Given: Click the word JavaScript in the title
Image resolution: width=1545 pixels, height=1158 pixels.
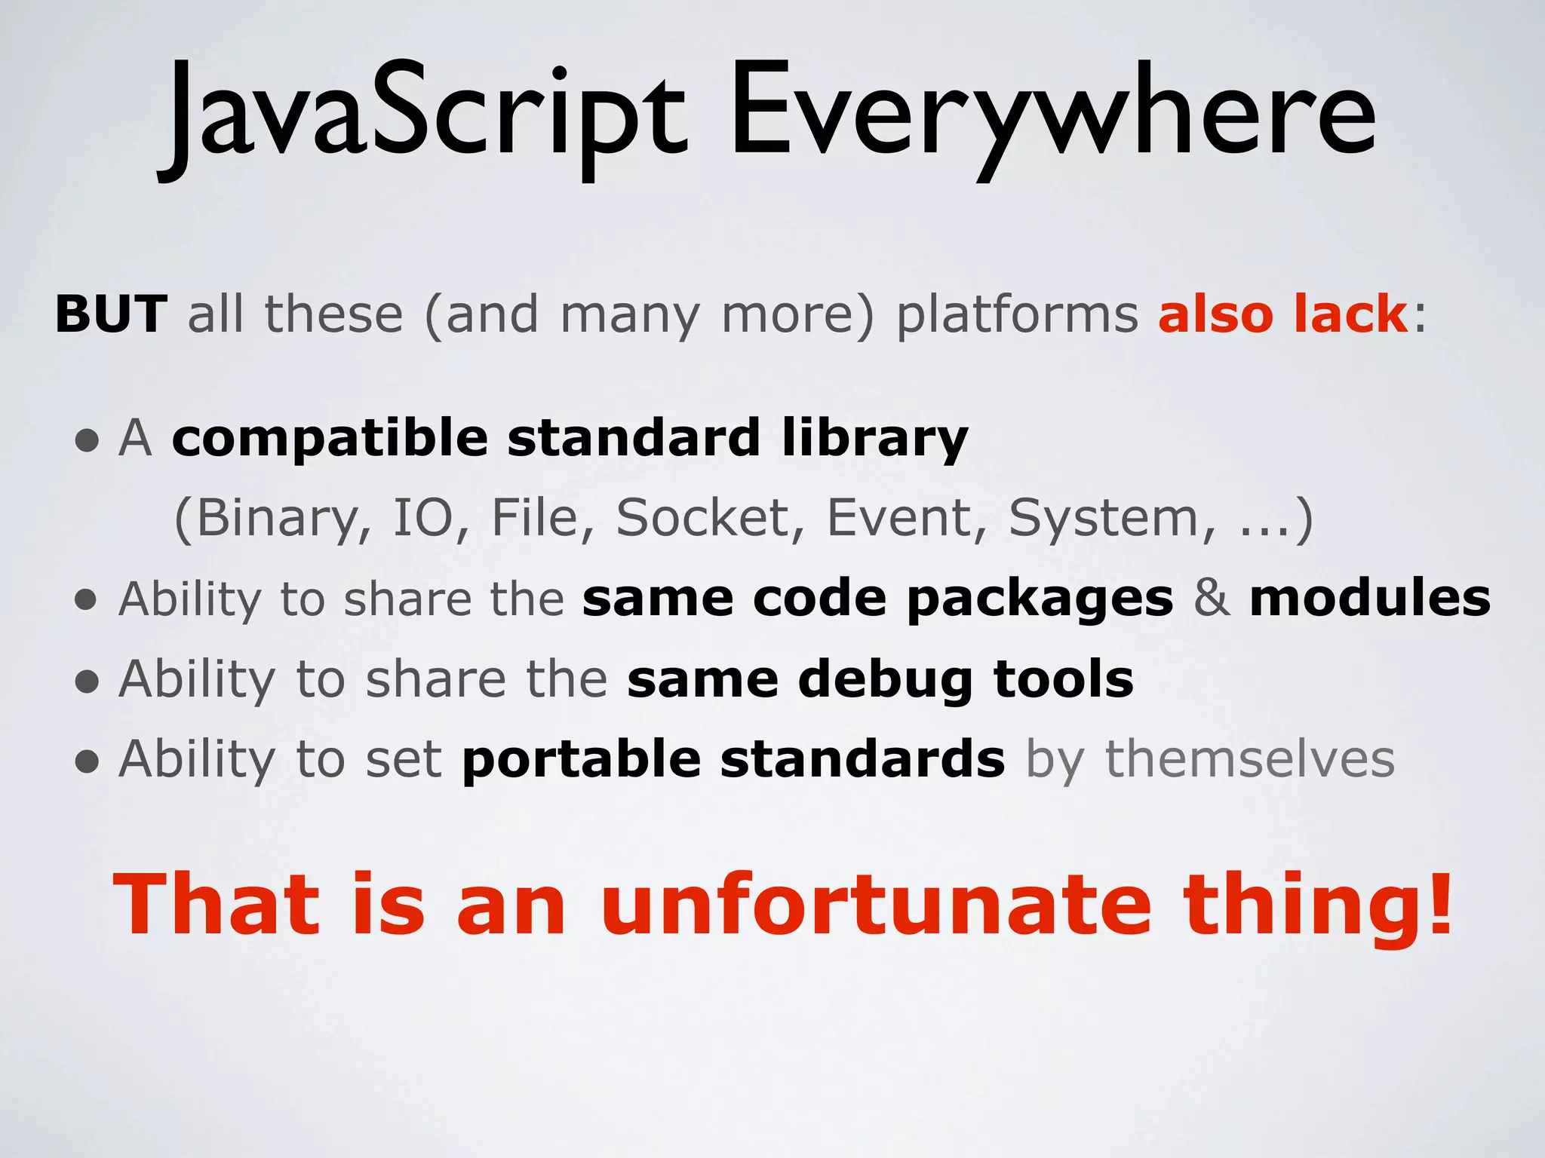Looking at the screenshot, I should pos(422,113).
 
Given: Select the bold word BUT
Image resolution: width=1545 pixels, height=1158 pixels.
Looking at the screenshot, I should pos(111,314).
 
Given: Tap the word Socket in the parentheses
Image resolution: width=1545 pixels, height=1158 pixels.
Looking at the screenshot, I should pos(702,519).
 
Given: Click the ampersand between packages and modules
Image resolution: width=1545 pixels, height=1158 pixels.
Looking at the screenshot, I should pos(1211,599).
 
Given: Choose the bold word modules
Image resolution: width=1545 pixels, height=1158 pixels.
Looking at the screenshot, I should pos(1369,599).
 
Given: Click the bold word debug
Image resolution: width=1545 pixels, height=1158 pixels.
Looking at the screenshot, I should pos(885,680).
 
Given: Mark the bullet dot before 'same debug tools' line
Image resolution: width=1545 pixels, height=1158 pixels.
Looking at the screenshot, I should pos(88,682).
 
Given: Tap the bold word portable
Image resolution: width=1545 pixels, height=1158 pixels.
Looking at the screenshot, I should pos(581,760).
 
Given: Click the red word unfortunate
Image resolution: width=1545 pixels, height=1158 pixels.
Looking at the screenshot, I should pos(875,905).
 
